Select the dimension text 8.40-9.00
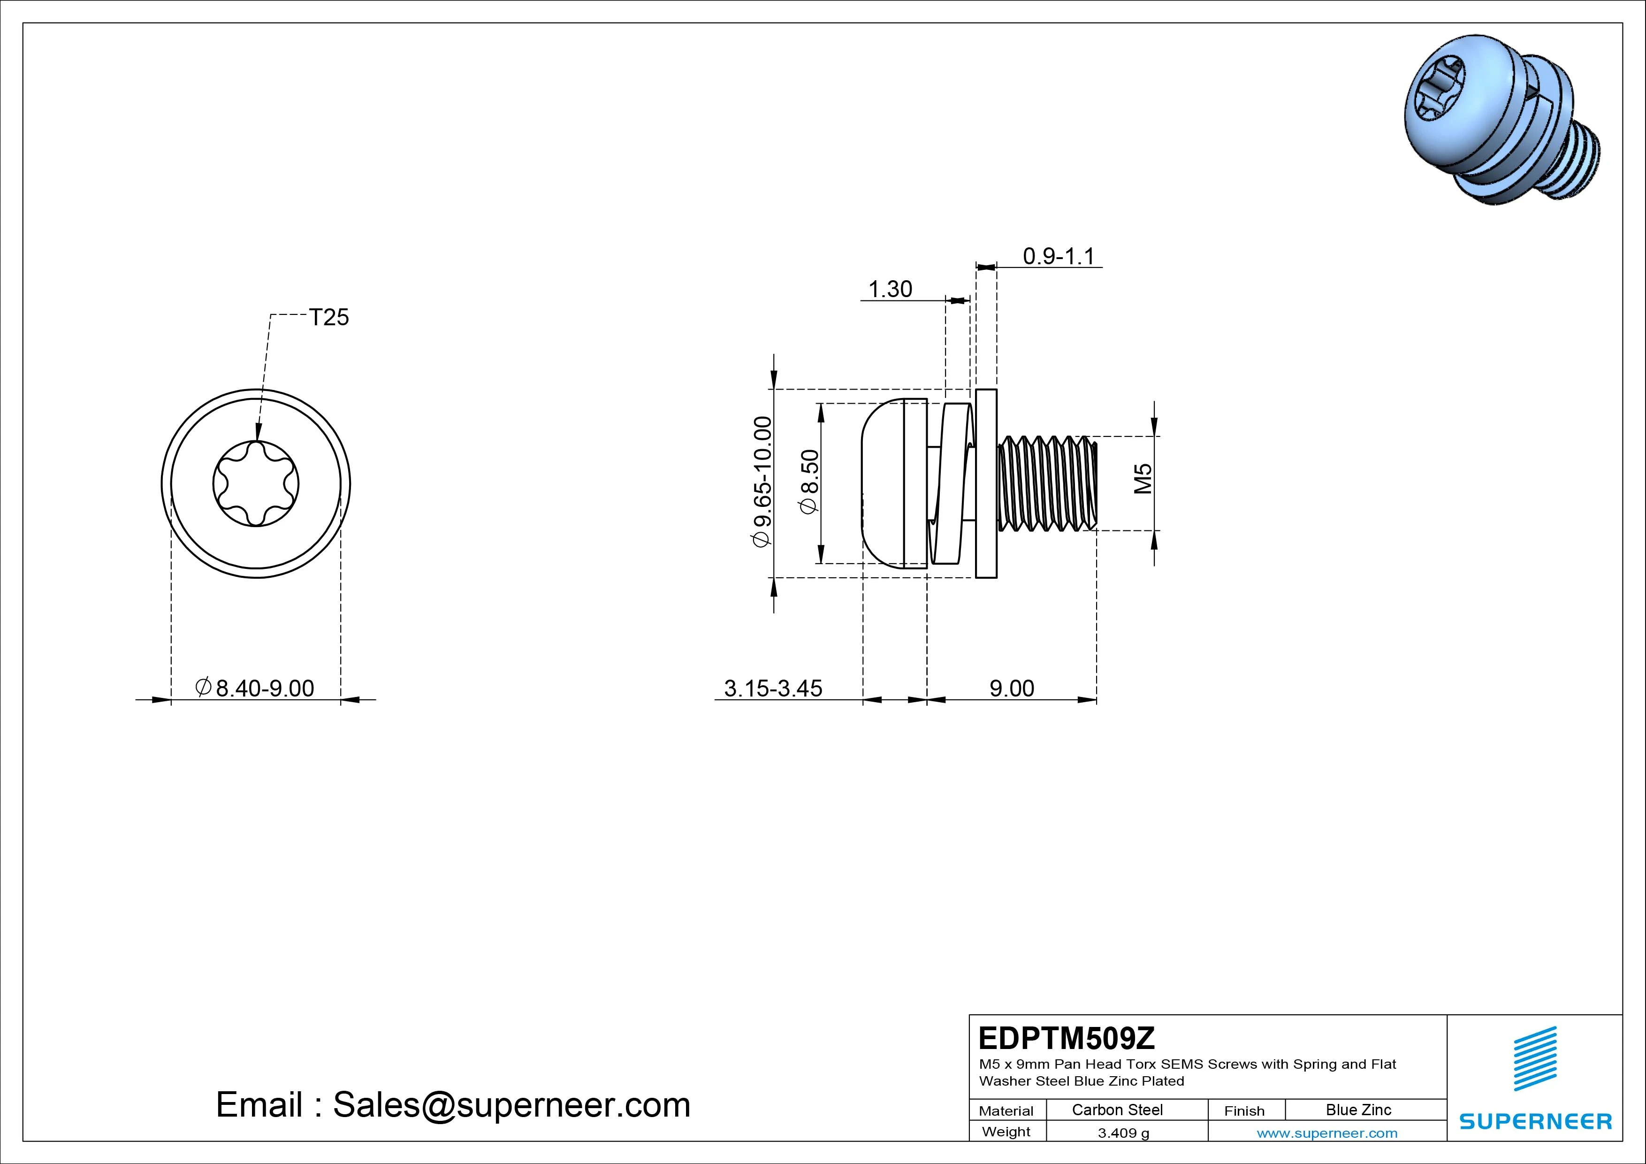coord(256,688)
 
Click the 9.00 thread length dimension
coord(1012,688)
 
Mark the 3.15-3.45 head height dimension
coord(773,688)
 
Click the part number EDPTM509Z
coord(1067,1038)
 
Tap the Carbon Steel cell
coord(1117,1110)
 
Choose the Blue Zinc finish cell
coord(1358,1110)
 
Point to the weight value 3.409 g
coord(1123,1133)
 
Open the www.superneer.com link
coord(1326,1133)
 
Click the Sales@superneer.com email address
coord(511,1104)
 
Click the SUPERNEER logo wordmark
coord(1536,1121)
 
